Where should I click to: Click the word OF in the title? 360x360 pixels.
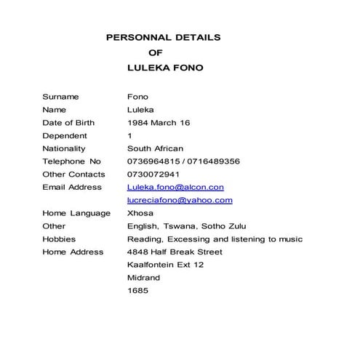click(156, 52)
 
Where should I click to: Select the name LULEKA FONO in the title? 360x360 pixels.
click(165, 68)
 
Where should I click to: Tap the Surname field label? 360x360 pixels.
click(60, 97)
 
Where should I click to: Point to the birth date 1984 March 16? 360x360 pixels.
click(159, 123)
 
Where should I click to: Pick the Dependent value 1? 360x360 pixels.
click(129, 136)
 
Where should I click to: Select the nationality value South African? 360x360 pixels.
click(155, 148)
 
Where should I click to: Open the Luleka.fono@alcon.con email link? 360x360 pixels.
click(175, 188)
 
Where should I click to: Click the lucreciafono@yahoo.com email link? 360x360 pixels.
click(180, 200)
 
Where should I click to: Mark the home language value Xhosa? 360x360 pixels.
click(140, 213)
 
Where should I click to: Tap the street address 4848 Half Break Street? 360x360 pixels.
click(175, 252)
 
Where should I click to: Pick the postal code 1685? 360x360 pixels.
click(137, 291)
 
